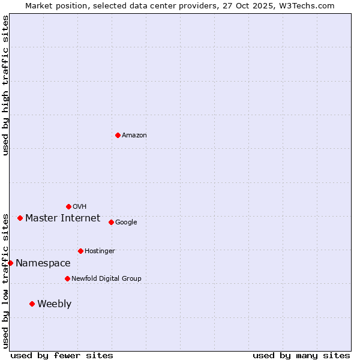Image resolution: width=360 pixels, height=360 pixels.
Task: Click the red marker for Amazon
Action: (118, 135)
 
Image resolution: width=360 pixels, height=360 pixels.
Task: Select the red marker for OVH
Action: (68, 206)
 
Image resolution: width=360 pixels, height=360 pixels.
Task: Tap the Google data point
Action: (111, 222)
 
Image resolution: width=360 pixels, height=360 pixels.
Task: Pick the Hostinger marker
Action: (80, 251)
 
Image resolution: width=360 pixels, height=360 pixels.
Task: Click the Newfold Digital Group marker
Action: (67, 278)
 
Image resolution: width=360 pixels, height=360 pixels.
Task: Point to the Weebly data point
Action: (32, 304)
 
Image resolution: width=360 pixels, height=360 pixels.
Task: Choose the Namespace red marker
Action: (10, 263)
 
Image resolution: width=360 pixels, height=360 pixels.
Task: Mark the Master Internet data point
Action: (20, 218)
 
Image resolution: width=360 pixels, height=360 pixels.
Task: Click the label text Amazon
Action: (134, 136)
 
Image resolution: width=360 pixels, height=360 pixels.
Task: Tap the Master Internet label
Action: (62, 218)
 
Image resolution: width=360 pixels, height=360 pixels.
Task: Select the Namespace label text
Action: (43, 263)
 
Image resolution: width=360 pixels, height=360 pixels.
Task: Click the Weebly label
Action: (54, 304)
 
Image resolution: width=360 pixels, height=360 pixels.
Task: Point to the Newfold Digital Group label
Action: (106, 279)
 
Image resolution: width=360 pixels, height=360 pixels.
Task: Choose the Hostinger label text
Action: (100, 251)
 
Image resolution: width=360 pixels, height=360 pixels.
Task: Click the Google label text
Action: (126, 223)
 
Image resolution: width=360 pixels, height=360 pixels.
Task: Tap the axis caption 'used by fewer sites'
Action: (62, 355)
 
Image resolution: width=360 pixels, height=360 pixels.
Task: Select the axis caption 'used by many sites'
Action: (301, 355)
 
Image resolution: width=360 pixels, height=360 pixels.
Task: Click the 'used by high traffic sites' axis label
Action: (5, 86)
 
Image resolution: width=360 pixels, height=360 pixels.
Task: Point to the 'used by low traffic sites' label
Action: (5, 280)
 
